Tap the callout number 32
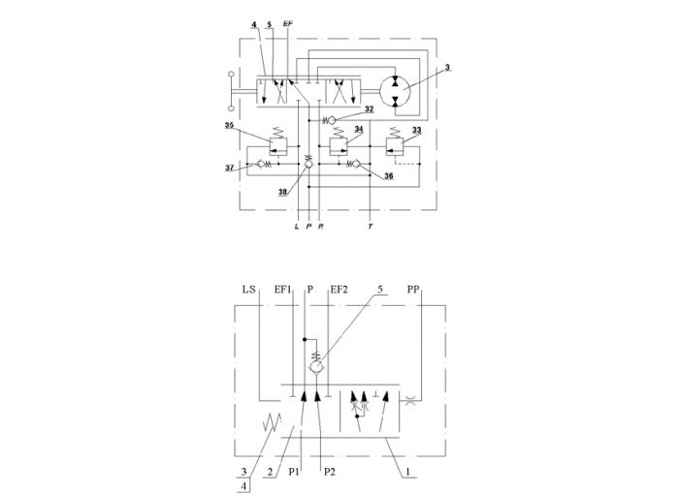(x=369, y=108)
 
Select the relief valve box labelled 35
(x=278, y=146)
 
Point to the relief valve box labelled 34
(x=339, y=146)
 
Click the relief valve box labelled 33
(x=394, y=146)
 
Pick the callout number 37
(x=230, y=168)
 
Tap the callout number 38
(x=283, y=193)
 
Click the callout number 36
(x=389, y=175)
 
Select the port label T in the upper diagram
(x=371, y=226)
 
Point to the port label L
(x=297, y=226)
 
